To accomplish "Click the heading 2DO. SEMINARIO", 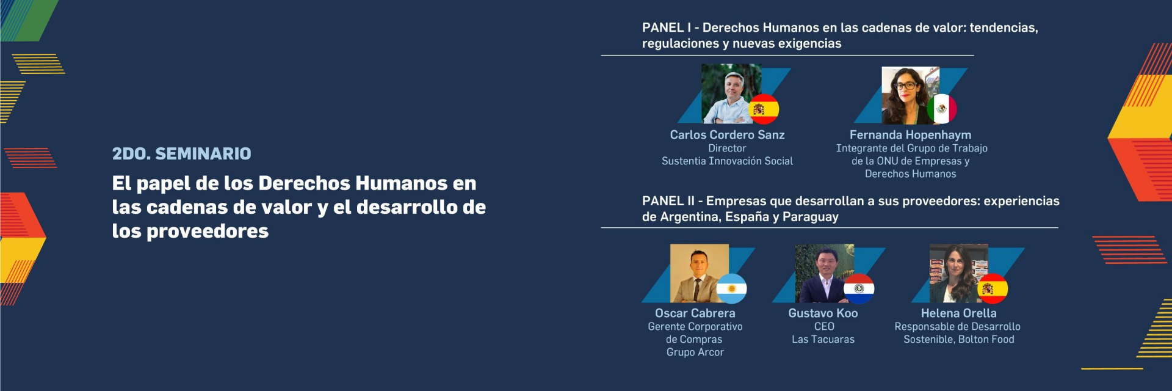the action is [181, 153].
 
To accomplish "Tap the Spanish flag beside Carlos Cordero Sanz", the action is [764, 109].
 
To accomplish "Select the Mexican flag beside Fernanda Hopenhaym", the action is [942, 109].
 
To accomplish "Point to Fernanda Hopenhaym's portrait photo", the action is [910, 95].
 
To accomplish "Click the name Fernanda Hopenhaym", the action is [910, 134].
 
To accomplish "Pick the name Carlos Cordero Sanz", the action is [727, 134].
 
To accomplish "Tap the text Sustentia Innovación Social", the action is [727, 161].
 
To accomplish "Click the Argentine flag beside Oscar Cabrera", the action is [731, 288].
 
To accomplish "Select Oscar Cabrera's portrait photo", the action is [700, 273].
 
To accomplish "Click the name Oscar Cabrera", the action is [695, 313].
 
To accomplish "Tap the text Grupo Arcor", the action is [695, 352].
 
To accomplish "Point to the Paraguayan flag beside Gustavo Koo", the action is [859, 288].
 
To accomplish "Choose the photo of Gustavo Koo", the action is [824, 273].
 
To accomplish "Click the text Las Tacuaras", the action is [823, 339].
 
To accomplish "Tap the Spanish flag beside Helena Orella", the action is [993, 288].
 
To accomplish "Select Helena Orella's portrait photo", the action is [958, 273].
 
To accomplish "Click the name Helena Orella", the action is [958, 313].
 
